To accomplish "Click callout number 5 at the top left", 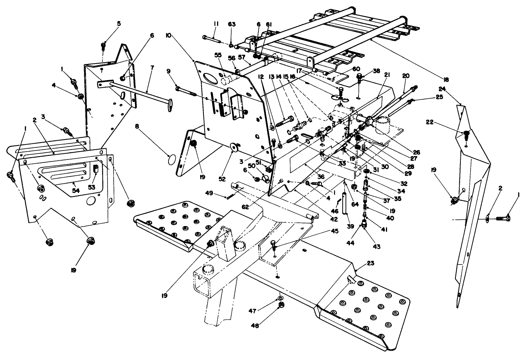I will (118, 23).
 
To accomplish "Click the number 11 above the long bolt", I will (216, 24).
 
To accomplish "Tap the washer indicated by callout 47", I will (281, 299).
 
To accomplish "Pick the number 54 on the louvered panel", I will (76, 191).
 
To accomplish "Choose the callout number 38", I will (366, 71).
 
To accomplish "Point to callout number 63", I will (232, 24).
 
